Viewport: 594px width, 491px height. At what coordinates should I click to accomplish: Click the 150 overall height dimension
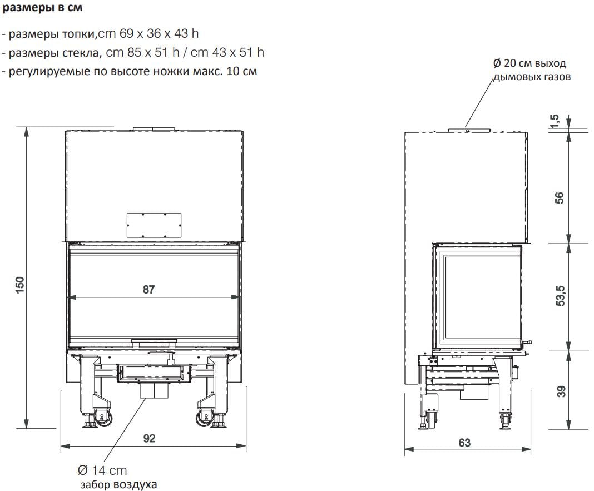tap(19, 285)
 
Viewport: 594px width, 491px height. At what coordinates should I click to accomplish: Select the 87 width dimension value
tap(148, 290)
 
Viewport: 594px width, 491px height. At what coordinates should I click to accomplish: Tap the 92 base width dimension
tap(149, 438)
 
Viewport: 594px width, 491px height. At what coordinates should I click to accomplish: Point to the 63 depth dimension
tap(464, 443)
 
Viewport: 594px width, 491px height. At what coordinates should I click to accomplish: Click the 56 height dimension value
tap(559, 198)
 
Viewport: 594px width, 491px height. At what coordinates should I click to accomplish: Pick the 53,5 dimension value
tap(561, 295)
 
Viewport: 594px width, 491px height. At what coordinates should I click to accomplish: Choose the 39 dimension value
tap(561, 391)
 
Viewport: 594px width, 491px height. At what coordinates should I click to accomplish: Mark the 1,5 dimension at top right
tap(554, 121)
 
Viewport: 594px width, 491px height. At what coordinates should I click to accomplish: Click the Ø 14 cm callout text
tap(102, 470)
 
